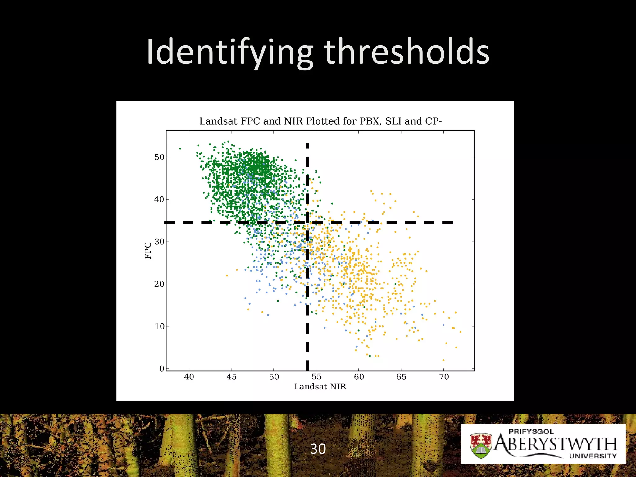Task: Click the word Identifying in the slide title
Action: (230, 52)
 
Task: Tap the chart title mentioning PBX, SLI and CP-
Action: (320, 121)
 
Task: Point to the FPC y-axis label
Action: (148, 251)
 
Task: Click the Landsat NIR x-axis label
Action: (320, 387)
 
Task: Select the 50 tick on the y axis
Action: (159, 157)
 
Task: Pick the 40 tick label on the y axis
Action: (159, 199)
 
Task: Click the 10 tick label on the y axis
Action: (159, 326)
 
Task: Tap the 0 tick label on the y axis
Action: (161, 369)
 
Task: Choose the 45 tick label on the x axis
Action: (231, 377)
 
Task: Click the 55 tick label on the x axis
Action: (316, 377)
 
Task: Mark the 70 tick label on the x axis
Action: (444, 377)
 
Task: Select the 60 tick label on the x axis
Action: (359, 377)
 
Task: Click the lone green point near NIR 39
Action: (180, 148)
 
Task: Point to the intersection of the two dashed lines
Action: (307, 222)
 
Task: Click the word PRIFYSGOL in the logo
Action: (531, 431)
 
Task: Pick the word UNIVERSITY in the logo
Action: (593, 456)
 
